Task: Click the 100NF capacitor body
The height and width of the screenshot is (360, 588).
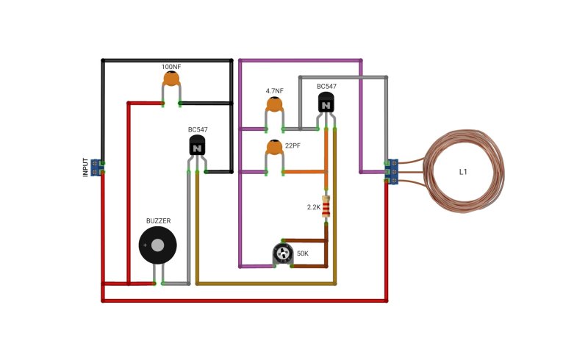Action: [171, 79]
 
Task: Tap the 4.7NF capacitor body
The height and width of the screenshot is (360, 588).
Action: [274, 104]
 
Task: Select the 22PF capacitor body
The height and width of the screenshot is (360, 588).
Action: [274, 148]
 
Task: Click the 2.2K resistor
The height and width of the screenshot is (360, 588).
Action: [326, 206]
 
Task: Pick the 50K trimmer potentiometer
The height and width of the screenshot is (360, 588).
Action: [282, 254]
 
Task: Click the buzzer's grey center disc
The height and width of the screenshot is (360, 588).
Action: [157, 245]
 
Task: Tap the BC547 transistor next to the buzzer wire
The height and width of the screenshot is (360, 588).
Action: [197, 145]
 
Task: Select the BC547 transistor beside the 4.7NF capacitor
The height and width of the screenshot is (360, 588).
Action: [326, 102]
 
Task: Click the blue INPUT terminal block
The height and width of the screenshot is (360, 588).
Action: [96, 168]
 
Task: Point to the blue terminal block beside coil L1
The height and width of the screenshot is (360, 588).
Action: [392, 172]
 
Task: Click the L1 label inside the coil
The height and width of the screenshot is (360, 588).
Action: [463, 172]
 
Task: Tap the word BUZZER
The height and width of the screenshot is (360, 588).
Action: [158, 221]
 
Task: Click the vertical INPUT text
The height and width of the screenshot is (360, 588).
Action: [85, 168]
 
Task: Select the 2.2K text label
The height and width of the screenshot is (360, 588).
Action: [314, 207]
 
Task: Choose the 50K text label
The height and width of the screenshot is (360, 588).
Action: [303, 253]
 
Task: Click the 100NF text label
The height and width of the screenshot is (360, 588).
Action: [171, 67]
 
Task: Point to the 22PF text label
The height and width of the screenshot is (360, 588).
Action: [293, 145]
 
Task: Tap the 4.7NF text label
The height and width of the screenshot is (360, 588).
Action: [274, 91]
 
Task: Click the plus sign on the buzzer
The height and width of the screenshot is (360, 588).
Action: [145, 245]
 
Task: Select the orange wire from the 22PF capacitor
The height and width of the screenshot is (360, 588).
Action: [304, 172]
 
